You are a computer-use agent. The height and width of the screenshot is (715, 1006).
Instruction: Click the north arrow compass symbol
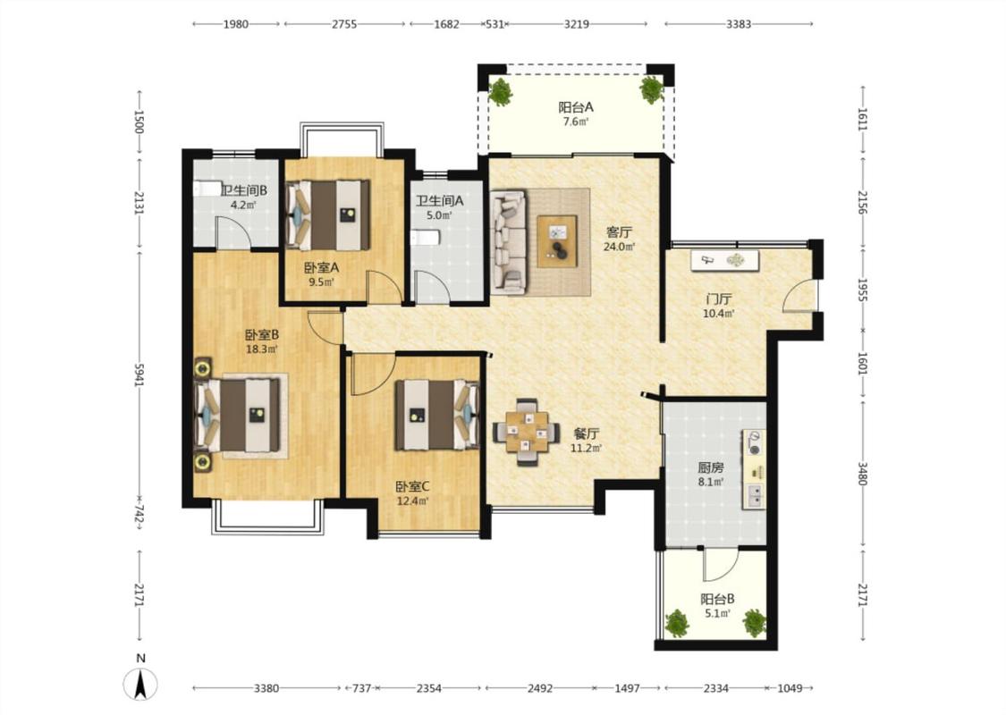(140, 684)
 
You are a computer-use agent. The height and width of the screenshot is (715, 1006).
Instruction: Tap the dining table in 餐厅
(526, 431)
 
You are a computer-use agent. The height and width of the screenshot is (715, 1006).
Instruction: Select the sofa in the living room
(509, 242)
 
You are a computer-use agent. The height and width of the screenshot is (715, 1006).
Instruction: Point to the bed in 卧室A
(328, 214)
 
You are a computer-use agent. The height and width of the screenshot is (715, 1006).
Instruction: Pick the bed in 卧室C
(437, 415)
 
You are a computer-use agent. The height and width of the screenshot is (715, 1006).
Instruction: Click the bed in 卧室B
(237, 415)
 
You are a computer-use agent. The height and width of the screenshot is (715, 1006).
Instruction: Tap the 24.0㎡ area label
(619, 247)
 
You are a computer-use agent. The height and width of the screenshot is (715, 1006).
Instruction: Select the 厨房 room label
(711, 467)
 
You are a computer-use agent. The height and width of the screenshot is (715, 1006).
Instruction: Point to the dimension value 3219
(576, 24)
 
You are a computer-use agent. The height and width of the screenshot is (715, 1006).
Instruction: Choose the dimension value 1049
(790, 688)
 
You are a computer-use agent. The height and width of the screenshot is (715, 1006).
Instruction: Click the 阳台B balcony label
(717, 599)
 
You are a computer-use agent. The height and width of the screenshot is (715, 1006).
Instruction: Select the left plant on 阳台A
(500, 92)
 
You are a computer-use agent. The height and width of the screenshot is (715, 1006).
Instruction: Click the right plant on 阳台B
(755, 623)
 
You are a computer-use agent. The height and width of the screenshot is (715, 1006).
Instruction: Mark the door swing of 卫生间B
(232, 232)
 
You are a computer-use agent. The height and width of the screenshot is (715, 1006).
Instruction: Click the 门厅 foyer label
(719, 299)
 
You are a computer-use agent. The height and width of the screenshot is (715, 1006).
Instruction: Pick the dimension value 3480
(862, 474)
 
